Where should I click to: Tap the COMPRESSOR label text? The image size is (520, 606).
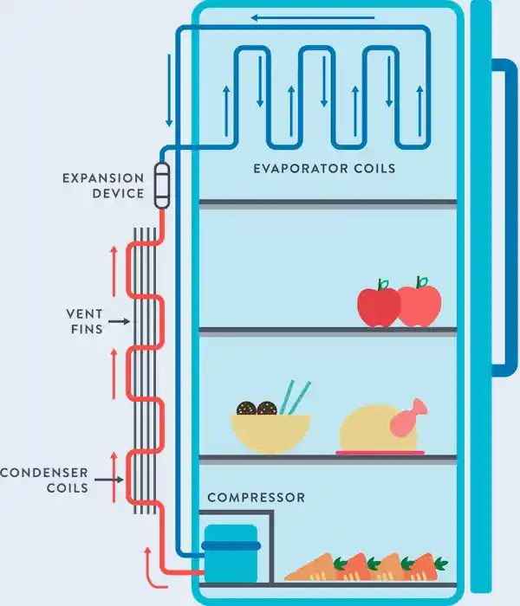point(257,498)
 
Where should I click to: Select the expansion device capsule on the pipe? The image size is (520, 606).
point(162,186)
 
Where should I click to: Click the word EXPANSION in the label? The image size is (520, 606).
point(103,178)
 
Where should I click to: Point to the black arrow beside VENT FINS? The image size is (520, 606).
point(120,321)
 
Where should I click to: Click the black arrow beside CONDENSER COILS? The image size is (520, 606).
point(109,480)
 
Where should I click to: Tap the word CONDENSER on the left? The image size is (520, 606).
point(44,473)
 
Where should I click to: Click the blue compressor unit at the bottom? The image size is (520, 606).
point(231,553)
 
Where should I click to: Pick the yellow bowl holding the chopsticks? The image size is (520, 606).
point(270,433)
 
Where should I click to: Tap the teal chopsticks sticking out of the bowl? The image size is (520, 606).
point(295,398)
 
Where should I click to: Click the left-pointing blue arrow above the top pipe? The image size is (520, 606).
point(313,18)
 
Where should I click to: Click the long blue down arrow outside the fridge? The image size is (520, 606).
point(169,90)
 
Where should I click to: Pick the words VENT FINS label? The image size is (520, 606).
point(85,321)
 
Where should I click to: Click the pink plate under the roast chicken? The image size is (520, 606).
point(380,453)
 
